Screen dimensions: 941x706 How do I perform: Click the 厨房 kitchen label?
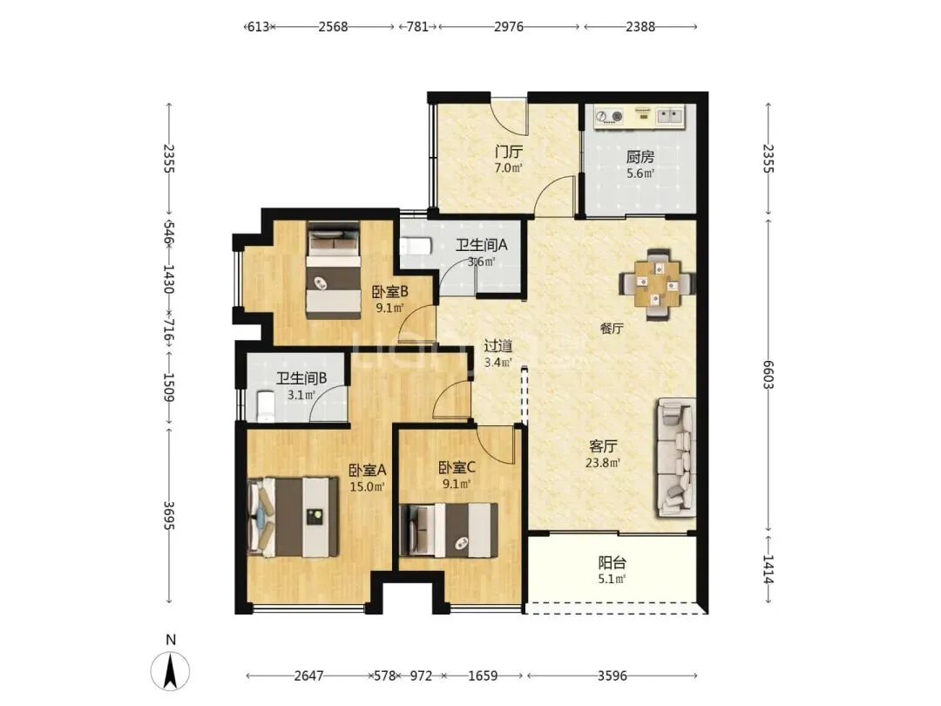[x=640, y=157]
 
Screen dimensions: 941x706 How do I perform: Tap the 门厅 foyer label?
[x=508, y=152]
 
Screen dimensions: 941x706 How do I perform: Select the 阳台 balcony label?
[x=613, y=563]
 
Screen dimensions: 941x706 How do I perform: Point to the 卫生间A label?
[x=481, y=245]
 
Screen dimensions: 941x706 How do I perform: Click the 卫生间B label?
[x=301, y=378]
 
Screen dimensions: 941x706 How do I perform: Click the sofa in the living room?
[x=676, y=458]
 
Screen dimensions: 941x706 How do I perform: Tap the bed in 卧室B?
[x=334, y=269]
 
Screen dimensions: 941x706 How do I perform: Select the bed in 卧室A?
[x=293, y=516]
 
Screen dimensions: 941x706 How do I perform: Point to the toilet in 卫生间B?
[x=265, y=406]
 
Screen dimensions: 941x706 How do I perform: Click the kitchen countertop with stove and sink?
[x=640, y=117]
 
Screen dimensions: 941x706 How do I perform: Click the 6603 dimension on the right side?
[x=768, y=375]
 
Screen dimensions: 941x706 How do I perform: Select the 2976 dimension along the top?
[x=508, y=26]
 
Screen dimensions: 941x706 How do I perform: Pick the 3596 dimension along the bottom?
[x=613, y=676]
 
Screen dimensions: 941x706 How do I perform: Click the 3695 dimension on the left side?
[x=169, y=515]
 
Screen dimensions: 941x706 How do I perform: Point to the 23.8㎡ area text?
[x=603, y=463]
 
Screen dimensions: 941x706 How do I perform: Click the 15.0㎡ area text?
[x=367, y=487]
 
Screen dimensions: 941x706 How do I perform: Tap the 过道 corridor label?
[x=498, y=346]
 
